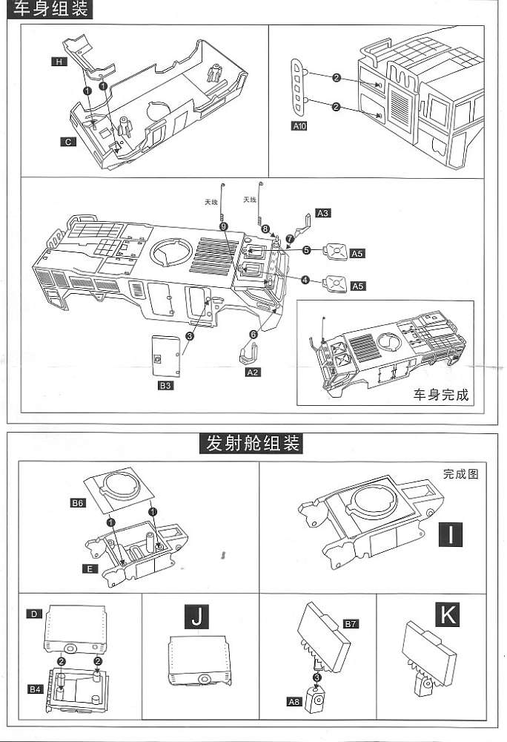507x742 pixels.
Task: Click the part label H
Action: coord(59,62)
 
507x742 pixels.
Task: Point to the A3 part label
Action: coord(323,213)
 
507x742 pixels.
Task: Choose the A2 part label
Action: coord(253,372)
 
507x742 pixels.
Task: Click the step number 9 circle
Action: coord(223,226)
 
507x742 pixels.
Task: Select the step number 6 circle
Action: coord(253,335)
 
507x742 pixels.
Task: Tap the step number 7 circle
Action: coord(291,238)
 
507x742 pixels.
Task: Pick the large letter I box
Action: coord(451,533)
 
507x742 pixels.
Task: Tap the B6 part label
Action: coord(78,504)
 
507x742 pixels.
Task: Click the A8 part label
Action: coord(294,700)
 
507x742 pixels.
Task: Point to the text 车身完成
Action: coord(441,395)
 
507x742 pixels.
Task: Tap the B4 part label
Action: coord(35,690)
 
